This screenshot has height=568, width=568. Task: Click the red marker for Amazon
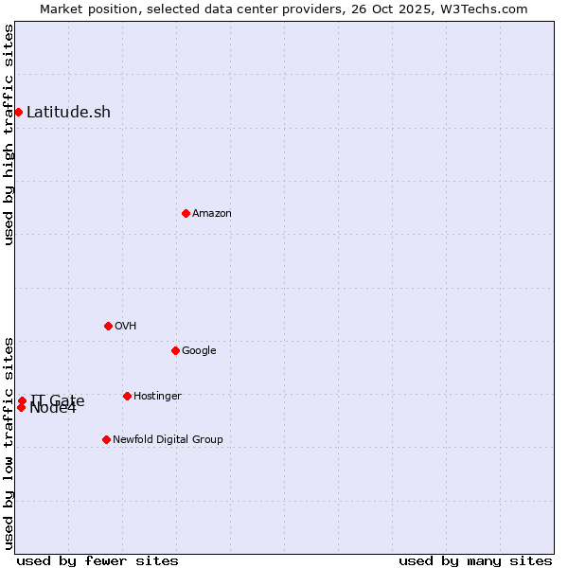tap(186, 213)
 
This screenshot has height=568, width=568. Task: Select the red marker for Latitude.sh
tap(18, 112)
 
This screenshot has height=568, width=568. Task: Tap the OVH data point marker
tap(108, 326)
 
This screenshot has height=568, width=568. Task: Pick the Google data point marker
tap(175, 350)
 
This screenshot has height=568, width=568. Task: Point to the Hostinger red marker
tap(127, 396)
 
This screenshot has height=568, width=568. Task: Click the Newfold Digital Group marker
tap(106, 439)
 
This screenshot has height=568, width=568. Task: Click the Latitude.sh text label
tap(68, 112)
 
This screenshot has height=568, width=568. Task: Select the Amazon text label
tap(212, 213)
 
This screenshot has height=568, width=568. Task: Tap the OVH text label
tap(126, 326)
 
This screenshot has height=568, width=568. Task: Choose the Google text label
tap(199, 350)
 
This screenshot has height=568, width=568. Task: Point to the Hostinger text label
tap(157, 396)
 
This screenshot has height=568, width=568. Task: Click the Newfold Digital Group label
tap(168, 439)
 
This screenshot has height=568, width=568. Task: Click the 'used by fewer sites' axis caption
tap(98, 560)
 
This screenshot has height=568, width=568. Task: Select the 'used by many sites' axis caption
tap(475, 560)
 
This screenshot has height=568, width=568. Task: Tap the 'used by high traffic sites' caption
tap(9, 134)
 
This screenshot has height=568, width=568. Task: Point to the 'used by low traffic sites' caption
tap(9, 443)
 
